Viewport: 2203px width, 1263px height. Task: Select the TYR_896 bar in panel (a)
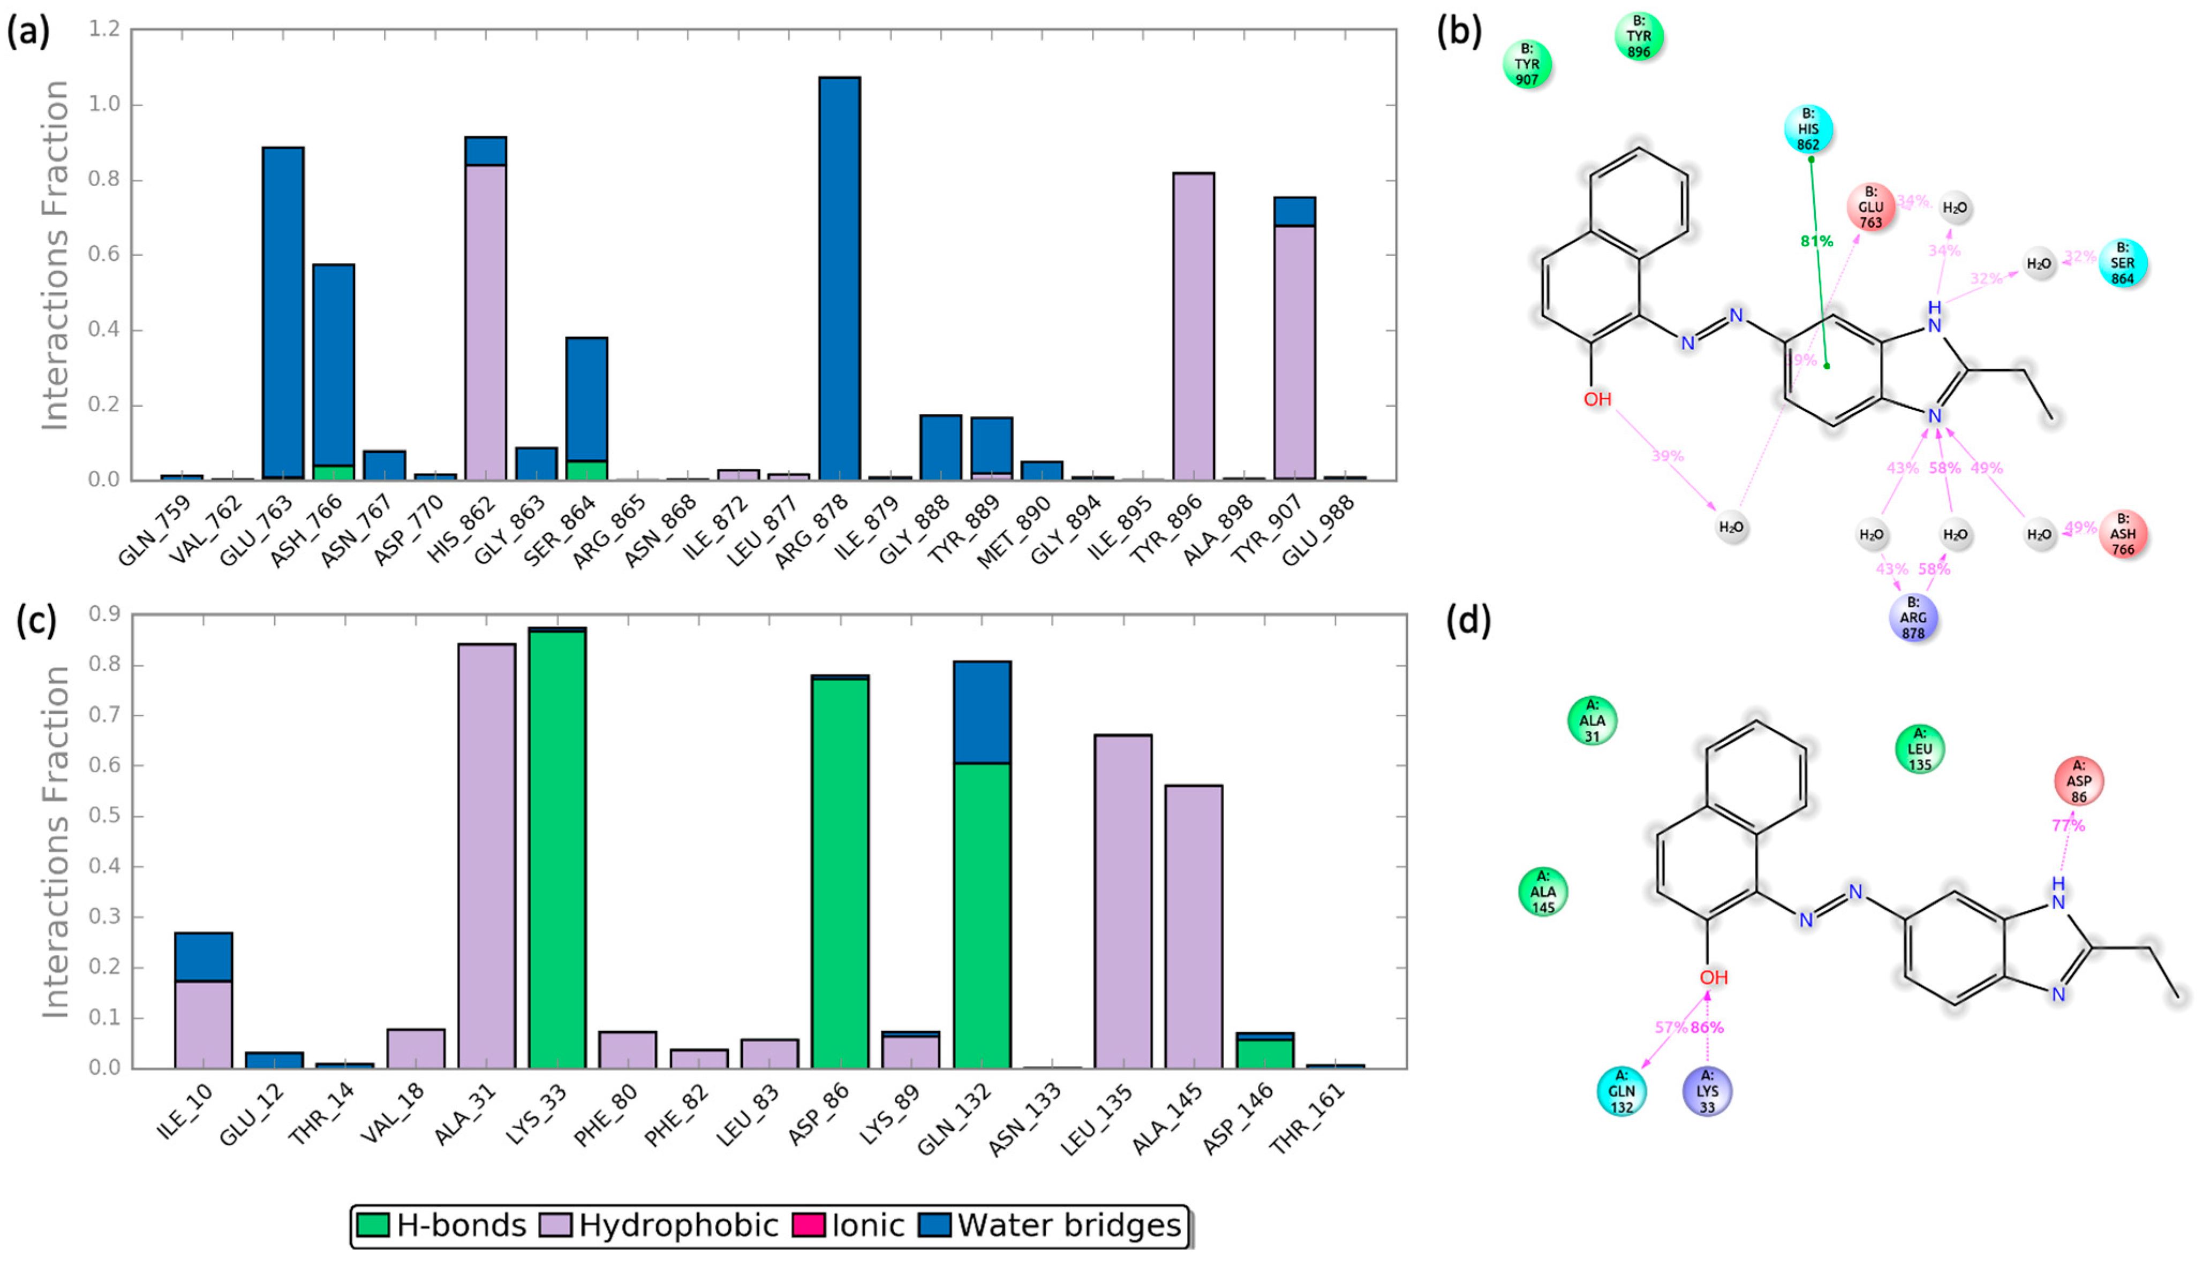point(1193,326)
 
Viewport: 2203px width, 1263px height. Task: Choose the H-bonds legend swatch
point(373,1225)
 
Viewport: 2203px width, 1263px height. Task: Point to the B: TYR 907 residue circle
point(1527,64)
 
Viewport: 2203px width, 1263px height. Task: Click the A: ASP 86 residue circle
point(2078,781)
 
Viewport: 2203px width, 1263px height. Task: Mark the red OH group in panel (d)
point(1714,978)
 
